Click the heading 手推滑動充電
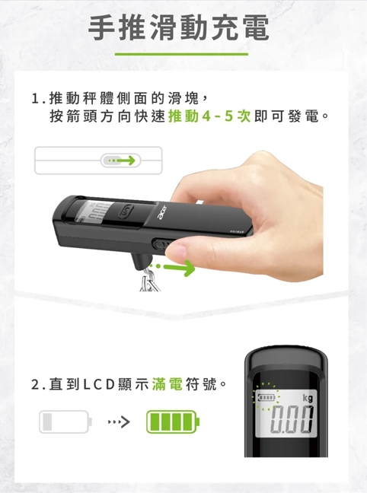tap(179, 29)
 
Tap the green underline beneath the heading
tap(181, 54)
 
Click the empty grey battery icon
tap(65, 420)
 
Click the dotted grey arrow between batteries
tap(120, 421)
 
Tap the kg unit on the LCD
tap(306, 399)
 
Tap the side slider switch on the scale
tap(158, 247)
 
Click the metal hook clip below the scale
tap(150, 281)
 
